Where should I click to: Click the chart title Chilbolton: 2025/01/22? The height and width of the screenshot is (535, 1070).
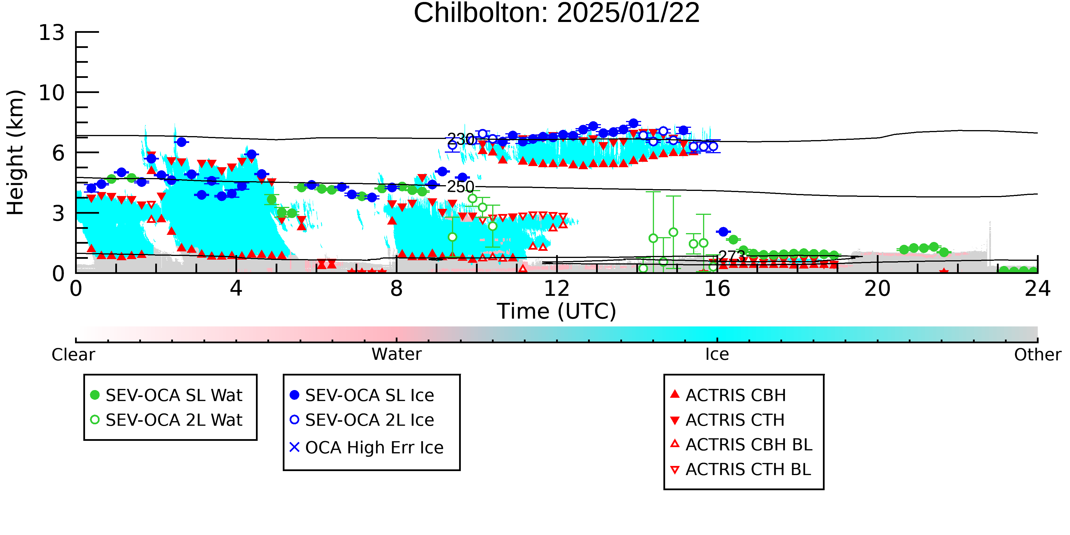click(557, 13)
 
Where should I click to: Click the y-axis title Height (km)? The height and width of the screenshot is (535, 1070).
click(15, 152)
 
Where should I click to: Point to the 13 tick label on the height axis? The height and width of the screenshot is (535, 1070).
click(52, 33)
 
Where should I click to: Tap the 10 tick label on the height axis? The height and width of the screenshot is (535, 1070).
click(52, 93)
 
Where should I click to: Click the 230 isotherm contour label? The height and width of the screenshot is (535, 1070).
click(461, 139)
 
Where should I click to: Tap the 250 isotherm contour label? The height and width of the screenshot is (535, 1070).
click(461, 187)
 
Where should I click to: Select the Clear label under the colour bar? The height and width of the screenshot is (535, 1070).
click(73, 355)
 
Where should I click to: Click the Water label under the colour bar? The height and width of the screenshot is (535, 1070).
click(397, 354)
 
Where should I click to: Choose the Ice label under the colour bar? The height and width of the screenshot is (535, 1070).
click(717, 354)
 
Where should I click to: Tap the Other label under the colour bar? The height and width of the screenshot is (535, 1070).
click(1037, 355)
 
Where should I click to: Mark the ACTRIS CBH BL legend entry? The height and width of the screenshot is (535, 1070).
click(742, 445)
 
